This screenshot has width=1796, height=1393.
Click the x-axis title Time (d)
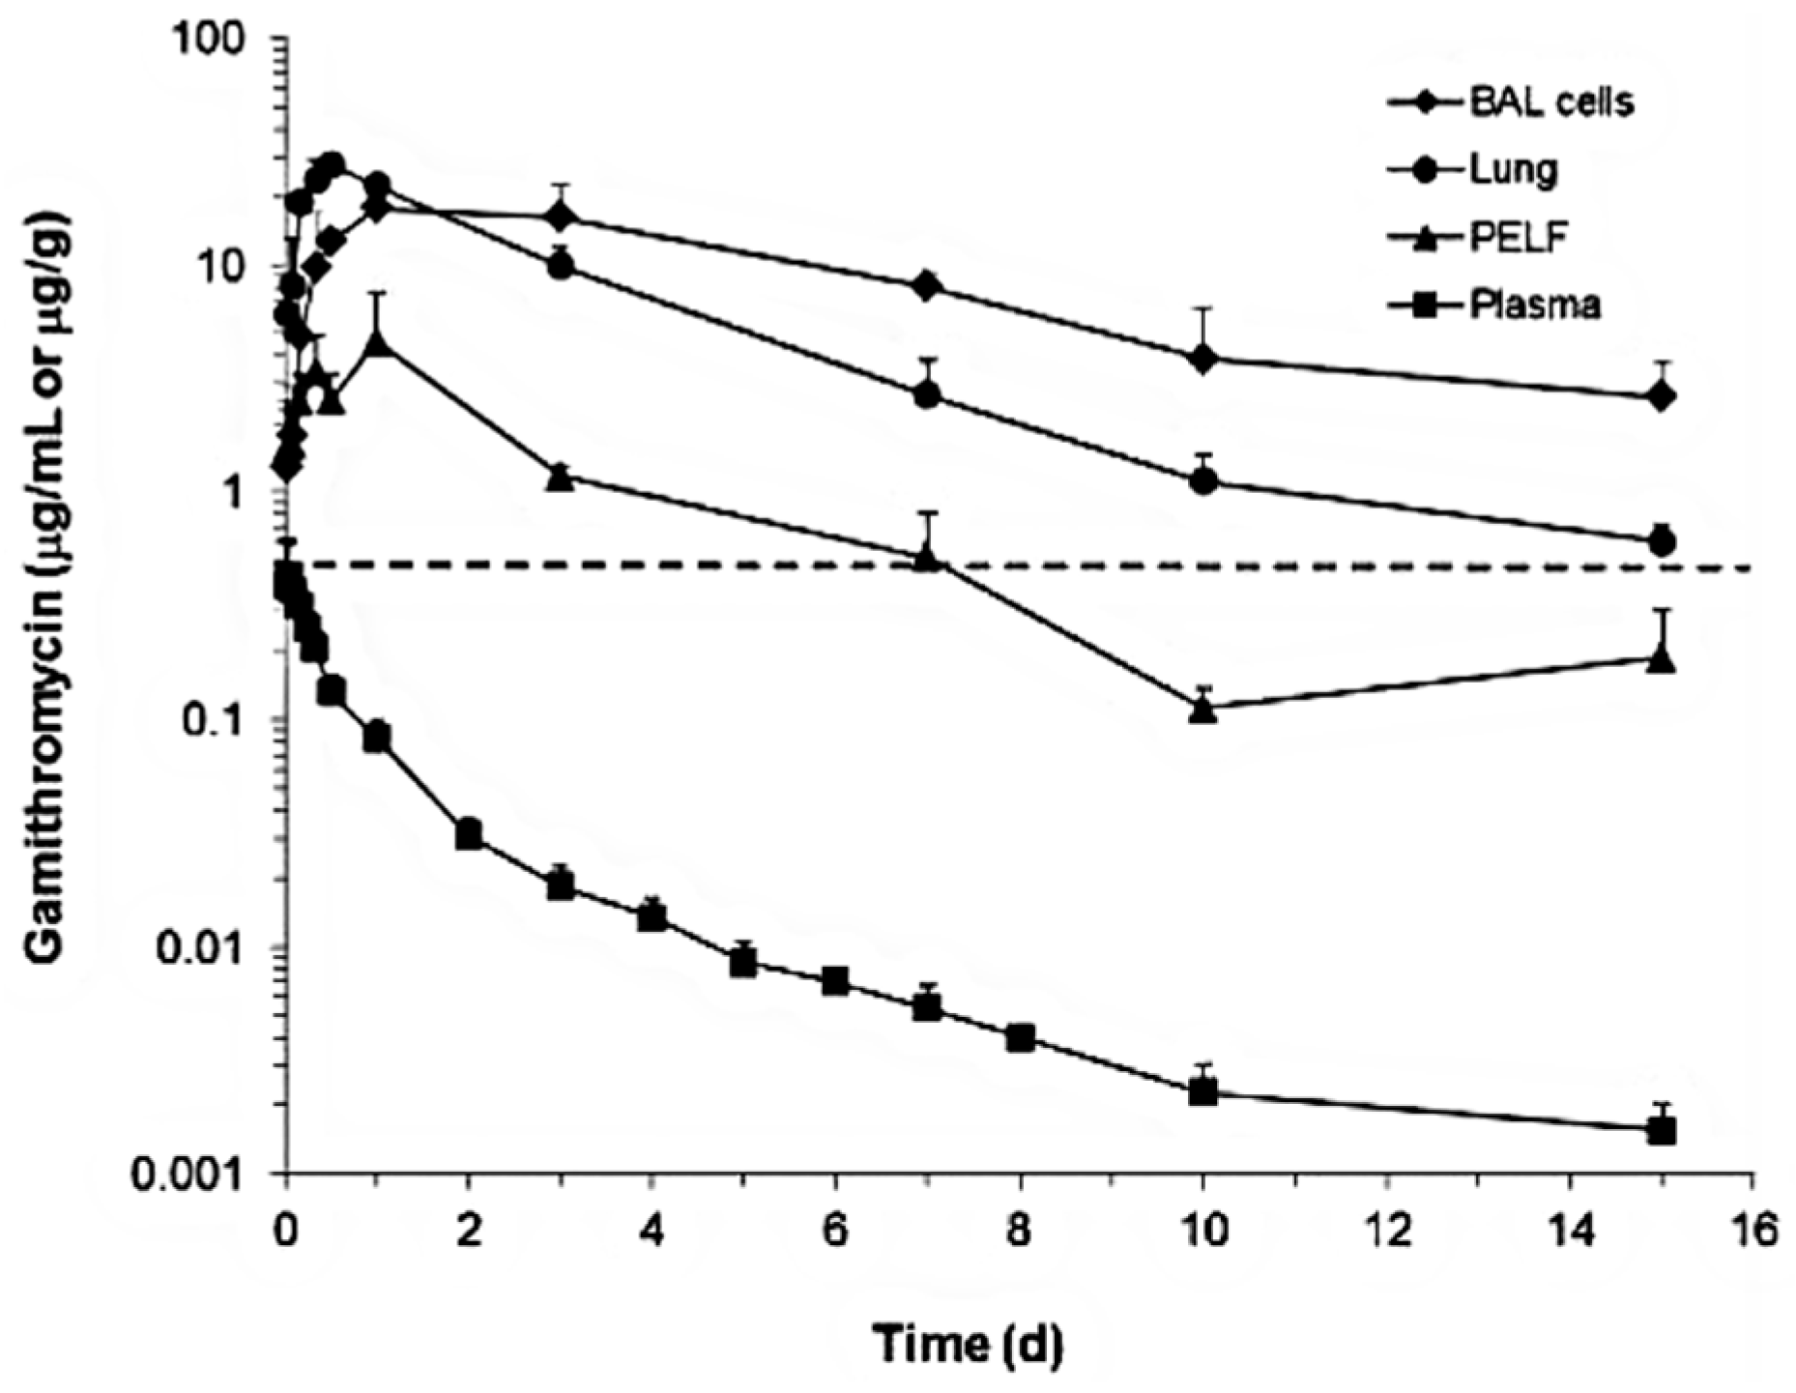point(968,1344)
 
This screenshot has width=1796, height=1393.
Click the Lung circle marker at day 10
point(1203,480)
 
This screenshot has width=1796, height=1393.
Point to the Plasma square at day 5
point(743,963)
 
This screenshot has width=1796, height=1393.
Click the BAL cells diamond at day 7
point(927,285)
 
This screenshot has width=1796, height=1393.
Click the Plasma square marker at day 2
point(469,834)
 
